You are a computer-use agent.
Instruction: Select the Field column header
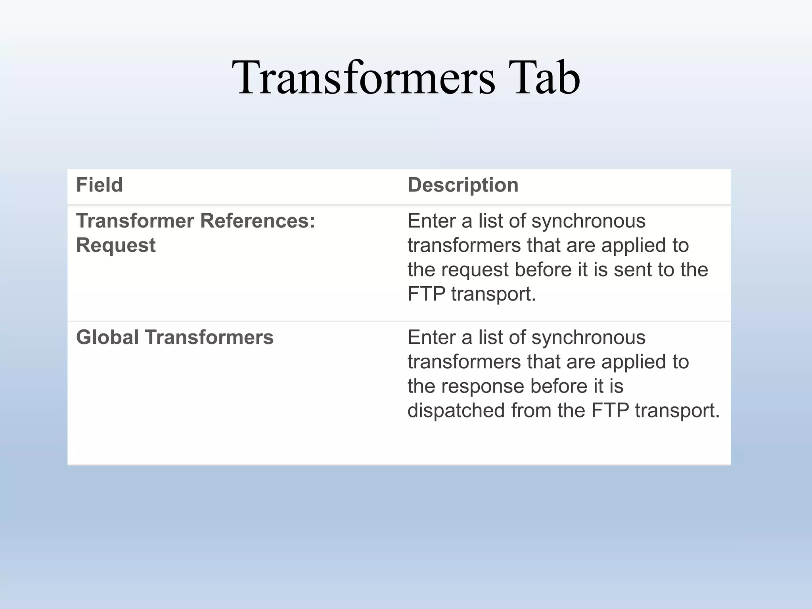(x=100, y=185)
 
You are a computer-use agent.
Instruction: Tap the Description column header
(x=463, y=185)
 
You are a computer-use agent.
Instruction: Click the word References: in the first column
(x=258, y=221)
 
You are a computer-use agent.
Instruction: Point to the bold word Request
(x=116, y=245)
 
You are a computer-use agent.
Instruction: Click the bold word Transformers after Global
(x=209, y=337)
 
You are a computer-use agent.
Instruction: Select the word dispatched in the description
(x=456, y=410)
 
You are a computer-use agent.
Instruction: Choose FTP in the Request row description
(x=426, y=294)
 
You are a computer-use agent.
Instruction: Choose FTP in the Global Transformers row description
(x=610, y=410)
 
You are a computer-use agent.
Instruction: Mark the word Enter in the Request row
(x=431, y=221)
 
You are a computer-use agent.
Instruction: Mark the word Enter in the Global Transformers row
(x=431, y=337)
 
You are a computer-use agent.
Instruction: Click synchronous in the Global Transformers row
(x=588, y=338)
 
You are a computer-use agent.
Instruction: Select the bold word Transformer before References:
(x=135, y=221)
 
